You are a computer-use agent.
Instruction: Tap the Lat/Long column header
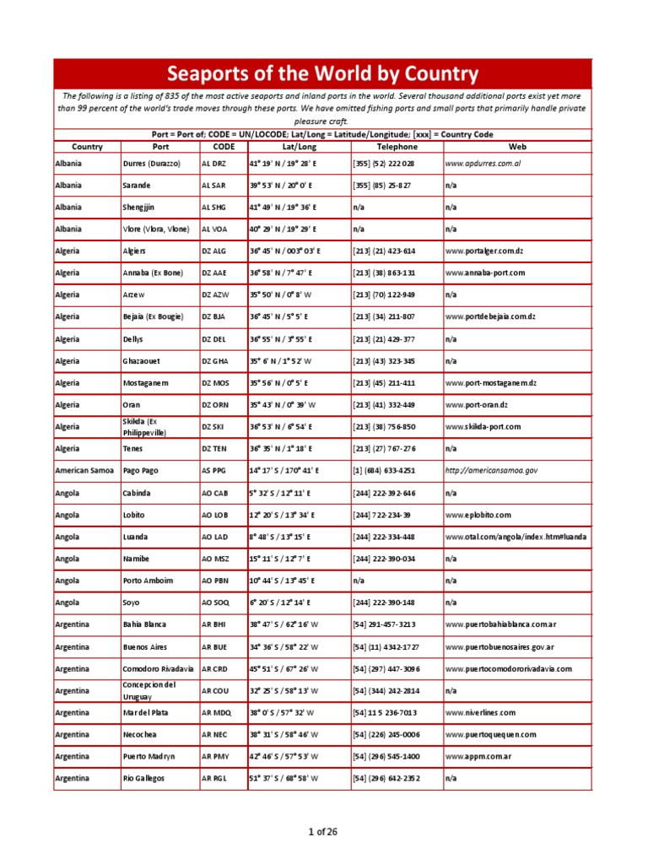(299, 147)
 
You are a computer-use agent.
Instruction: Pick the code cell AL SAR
(214, 185)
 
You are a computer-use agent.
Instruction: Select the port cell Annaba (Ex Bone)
(157, 273)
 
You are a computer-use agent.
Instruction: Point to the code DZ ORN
(215, 404)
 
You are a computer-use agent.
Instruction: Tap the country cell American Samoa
(84, 470)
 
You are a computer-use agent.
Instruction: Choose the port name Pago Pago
(142, 470)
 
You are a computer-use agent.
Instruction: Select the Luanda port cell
(136, 536)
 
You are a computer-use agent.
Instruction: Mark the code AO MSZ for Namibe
(215, 558)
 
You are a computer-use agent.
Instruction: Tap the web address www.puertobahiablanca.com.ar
(500, 624)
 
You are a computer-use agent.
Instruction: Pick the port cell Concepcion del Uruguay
(151, 689)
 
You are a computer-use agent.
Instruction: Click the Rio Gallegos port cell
(143, 777)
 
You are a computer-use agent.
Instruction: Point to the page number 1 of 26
(322, 832)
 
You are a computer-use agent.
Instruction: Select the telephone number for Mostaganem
(384, 382)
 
